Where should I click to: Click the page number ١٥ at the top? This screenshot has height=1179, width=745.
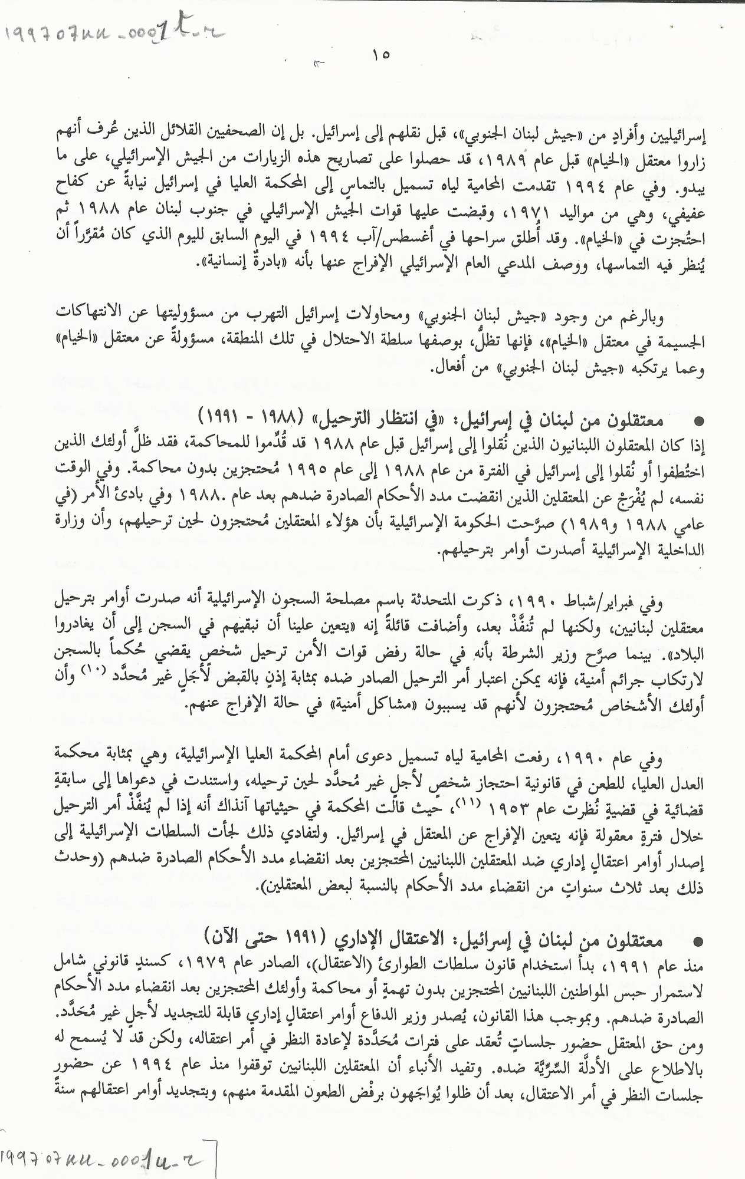(381, 54)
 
